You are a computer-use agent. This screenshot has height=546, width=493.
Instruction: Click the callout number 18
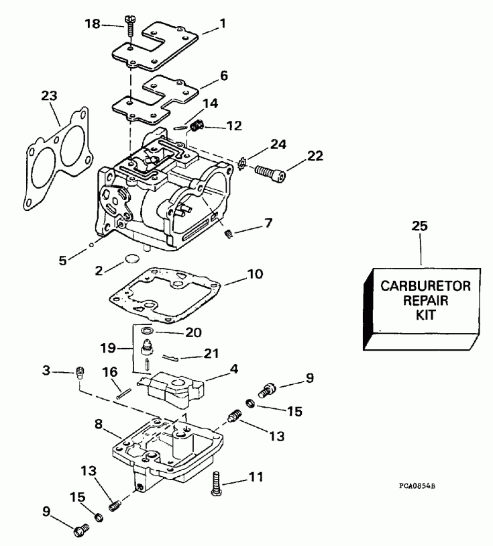tap(93, 24)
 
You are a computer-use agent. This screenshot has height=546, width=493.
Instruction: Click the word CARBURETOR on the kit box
tap(426, 285)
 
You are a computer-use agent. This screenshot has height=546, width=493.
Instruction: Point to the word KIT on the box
tap(426, 314)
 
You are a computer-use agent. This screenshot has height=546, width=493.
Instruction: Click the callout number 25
tap(420, 227)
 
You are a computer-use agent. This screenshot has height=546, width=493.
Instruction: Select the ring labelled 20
tap(147, 331)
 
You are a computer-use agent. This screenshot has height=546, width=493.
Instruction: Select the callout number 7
tap(268, 222)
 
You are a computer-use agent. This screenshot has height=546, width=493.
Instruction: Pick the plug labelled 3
tap(80, 373)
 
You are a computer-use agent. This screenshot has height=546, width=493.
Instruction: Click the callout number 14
tap(211, 103)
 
